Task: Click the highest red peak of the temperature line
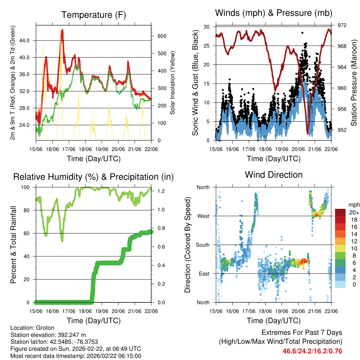pyautogui.click(x=62, y=30)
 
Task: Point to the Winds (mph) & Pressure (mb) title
pyautogui.click(x=274, y=13)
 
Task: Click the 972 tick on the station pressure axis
pyautogui.click(x=342, y=25)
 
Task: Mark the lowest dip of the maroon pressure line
pyautogui.click(x=308, y=133)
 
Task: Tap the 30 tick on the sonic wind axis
pyautogui.click(x=207, y=27)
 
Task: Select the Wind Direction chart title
pyautogui.click(x=274, y=175)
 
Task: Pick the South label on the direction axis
pyautogui.click(x=202, y=245)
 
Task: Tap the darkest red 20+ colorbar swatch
pyautogui.click(x=341, y=212)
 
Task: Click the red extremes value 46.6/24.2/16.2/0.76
pyautogui.click(x=312, y=351)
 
